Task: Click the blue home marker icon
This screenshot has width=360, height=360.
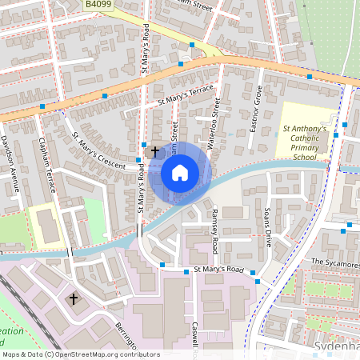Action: [202, 172]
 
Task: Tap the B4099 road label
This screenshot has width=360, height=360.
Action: [99, 4]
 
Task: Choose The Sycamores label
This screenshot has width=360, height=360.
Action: [334, 262]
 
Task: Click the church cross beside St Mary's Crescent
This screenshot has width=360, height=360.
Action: [154, 150]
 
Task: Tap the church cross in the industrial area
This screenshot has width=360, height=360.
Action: [74, 298]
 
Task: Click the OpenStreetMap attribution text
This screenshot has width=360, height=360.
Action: [81, 354]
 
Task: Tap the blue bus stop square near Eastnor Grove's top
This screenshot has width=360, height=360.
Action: [309, 77]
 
